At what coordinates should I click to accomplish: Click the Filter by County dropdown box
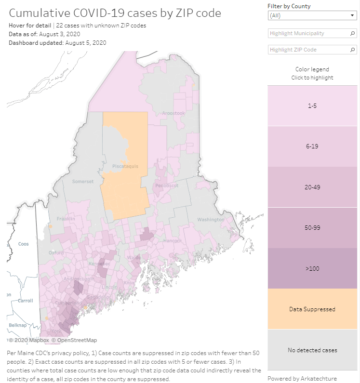point(312,15)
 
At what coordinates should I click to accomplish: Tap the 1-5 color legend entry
point(312,105)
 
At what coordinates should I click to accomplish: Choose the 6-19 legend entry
point(312,146)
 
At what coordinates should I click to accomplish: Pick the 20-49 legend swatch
point(312,187)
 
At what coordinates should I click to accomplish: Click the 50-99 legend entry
point(312,227)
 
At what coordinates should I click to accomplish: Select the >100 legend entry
point(312,268)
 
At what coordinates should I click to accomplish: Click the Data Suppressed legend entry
point(312,309)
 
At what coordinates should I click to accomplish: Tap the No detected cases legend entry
point(312,350)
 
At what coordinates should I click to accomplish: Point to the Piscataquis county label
point(125,166)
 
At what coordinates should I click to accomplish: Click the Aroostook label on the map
point(173,113)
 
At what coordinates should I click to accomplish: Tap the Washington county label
point(211,220)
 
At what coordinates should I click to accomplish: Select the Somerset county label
point(82,182)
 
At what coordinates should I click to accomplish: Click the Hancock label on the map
point(173,240)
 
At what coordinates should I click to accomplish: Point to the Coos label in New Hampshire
point(24,244)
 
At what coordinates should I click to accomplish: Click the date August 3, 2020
point(59,34)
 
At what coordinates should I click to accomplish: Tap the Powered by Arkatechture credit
point(302,378)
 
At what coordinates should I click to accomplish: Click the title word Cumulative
point(37,13)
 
